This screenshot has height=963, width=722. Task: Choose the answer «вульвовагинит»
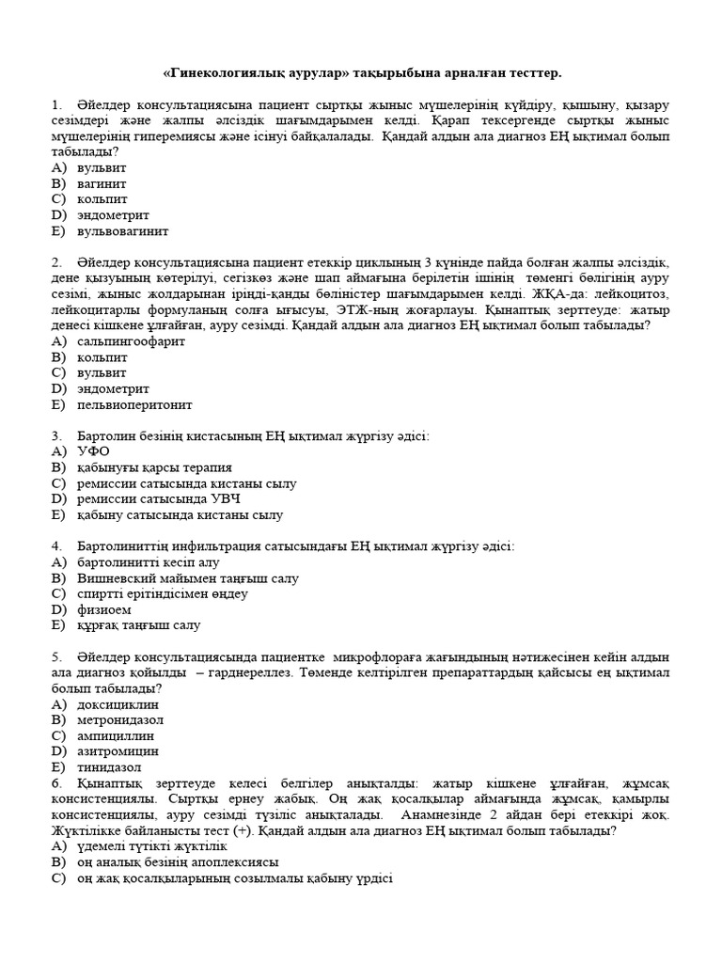[123, 230]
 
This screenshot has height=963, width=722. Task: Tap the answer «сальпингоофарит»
[131, 341]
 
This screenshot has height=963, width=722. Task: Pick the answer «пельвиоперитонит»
[134, 404]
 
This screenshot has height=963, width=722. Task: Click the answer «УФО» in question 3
[94, 451]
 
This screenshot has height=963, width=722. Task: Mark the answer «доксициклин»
[118, 704]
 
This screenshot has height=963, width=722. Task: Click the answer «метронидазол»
[121, 720]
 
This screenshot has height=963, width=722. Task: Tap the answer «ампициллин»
[116, 736]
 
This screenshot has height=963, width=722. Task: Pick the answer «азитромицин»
[118, 752]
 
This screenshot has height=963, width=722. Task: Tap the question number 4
[57, 546]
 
